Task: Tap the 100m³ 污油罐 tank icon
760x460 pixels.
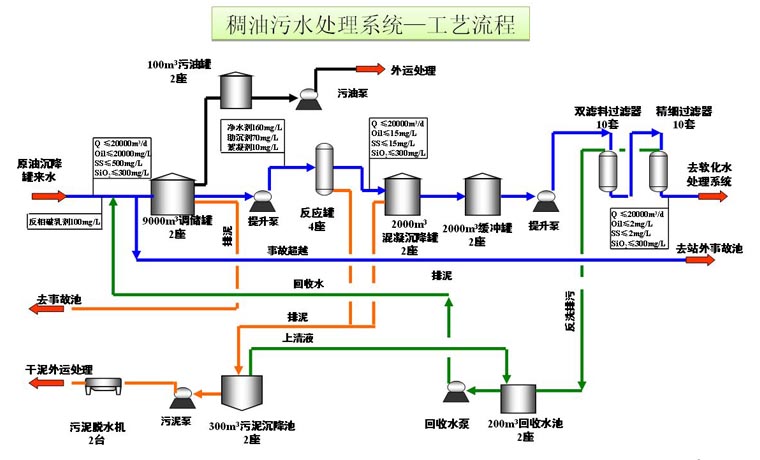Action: [238, 90]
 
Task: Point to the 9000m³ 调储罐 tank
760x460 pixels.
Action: [173, 193]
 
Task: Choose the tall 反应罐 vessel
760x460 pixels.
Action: [325, 170]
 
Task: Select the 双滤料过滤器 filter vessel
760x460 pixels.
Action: [607, 171]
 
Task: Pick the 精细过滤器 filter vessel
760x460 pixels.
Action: [657, 171]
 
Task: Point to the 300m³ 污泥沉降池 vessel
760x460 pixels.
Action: [241, 395]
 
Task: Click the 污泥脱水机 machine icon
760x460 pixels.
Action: [102, 386]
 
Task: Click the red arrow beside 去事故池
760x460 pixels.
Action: [48, 310]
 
